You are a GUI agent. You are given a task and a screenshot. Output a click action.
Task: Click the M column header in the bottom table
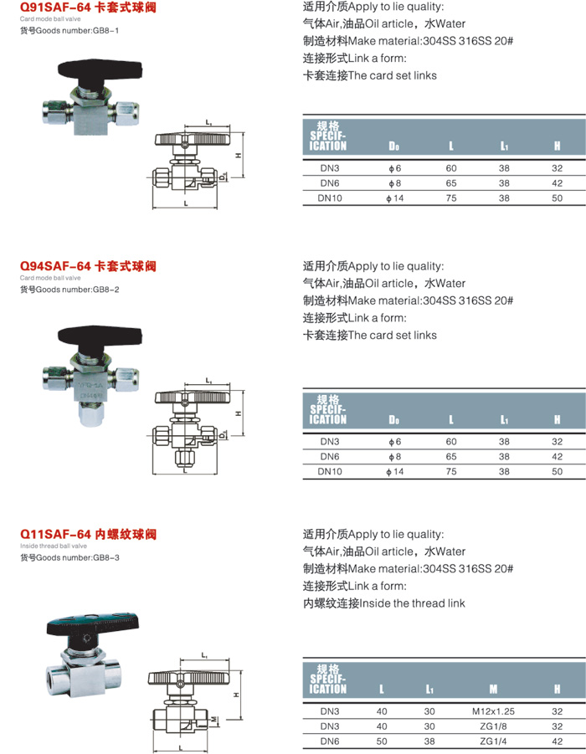[x=493, y=689]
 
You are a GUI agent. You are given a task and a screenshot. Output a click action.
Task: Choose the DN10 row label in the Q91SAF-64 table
[x=330, y=198]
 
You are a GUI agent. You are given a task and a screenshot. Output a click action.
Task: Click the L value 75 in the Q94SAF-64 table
[x=451, y=472]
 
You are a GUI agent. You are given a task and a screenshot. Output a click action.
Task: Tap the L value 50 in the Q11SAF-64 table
[x=383, y=742]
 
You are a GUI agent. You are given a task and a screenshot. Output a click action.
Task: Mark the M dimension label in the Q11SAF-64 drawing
[x=214, y=718]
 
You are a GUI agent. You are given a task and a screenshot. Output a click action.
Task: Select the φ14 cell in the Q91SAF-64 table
[x=394, y=198]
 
